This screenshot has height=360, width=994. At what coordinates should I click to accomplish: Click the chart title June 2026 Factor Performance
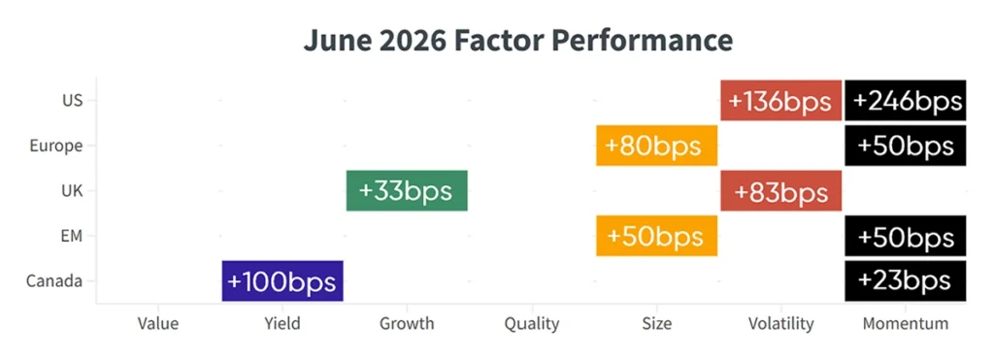[518, 41]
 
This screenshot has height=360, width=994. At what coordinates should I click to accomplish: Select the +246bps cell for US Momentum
[906, 100]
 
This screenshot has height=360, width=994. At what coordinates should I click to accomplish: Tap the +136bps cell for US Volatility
[781, 100]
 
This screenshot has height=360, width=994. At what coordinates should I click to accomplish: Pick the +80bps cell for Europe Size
[657, 146]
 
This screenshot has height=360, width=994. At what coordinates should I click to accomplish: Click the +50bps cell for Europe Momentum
[906, 146]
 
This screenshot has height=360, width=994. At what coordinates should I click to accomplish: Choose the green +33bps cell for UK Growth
[407, 191]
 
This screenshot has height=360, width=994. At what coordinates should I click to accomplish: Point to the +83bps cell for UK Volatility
[781, 191]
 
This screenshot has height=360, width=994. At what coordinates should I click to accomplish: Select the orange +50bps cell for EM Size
[657, 236]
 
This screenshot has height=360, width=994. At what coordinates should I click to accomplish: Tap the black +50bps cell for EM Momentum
[906, 236]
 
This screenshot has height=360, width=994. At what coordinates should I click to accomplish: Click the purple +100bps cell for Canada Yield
[282, 280]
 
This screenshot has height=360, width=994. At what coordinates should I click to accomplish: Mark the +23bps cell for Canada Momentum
[906, 280]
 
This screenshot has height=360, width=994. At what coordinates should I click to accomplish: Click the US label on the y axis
[72, 100]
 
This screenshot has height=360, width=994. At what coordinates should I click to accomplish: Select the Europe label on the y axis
[56, 146]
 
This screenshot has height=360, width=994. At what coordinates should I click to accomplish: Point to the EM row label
[72, 236]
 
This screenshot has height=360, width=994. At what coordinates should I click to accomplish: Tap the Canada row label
[54, 280]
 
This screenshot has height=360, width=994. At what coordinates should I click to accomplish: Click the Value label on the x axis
[158, 324]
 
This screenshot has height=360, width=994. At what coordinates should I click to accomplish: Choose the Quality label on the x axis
[532, 324]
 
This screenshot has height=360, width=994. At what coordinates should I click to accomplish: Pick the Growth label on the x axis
[407, 324]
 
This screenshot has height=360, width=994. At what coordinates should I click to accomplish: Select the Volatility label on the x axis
[781, 324]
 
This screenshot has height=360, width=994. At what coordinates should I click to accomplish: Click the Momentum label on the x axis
[906, 324]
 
